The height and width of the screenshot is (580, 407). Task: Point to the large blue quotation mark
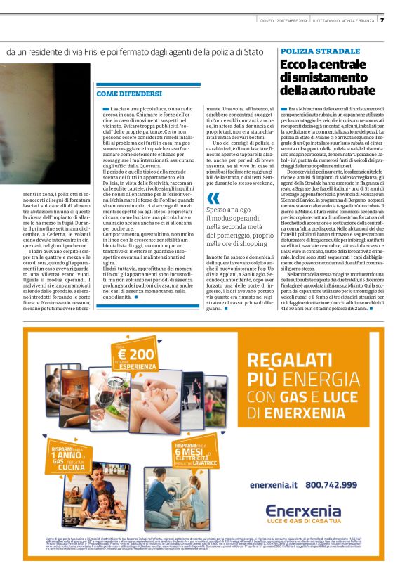point(213,198)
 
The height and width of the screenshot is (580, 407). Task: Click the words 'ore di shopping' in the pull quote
point(234,243)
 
